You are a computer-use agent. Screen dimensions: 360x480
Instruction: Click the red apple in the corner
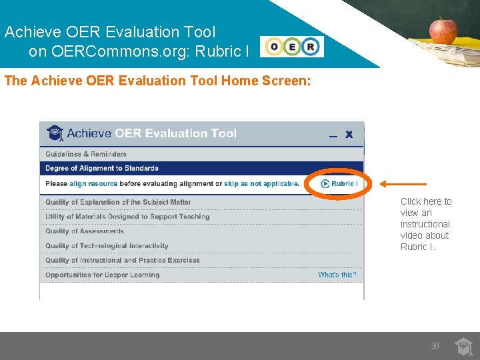click(x=443, y=30)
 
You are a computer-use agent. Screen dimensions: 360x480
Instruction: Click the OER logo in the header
click(x=292, y=47)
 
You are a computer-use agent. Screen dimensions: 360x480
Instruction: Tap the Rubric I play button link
click(x=339, y=184)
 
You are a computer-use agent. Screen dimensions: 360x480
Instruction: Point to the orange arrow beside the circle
click(x=403, y=184)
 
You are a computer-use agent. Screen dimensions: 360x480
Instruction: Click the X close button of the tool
click(x=349, y=135)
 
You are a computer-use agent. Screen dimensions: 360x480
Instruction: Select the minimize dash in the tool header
click(x=333, y=136)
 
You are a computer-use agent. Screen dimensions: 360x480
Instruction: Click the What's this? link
click(x=337, y=275)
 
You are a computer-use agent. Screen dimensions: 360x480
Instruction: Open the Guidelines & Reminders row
click(x=86, y=154)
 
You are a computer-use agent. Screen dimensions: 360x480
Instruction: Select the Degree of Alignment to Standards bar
click(x=102, y=169)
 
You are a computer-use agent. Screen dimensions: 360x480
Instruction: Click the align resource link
click(x=93, y=184)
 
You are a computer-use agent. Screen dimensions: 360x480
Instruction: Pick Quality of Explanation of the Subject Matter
click(x=118, y=202)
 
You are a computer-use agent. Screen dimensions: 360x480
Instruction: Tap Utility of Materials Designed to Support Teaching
click(x=127, y=217)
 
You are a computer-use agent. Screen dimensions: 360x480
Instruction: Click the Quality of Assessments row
click(x=85, y=231)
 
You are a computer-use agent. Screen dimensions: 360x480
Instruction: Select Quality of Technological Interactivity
click(x=107, y=246)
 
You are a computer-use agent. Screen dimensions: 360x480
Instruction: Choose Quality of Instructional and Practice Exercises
click(x=123, y=261)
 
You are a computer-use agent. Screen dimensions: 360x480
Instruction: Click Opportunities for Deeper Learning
click(x=103, y=275)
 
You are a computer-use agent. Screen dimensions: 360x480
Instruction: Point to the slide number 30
click(x=435, y=346)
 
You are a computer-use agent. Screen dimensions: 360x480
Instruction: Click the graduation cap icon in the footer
click(x=464, y=346)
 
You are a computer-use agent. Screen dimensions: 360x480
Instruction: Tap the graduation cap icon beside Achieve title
click(x=55, y=133)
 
